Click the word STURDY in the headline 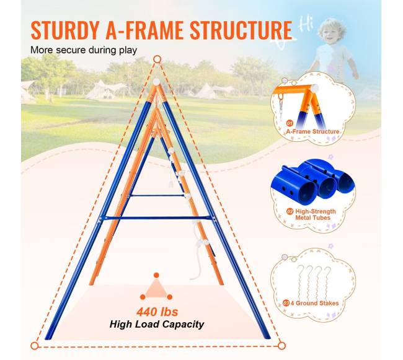(65, 30)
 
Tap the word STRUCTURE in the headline (241, 30)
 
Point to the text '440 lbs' (157, 312)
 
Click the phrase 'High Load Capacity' (157, 324)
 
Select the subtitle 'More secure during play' (84, 50)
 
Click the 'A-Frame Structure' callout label (312, 131)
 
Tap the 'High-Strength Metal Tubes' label (315, 214)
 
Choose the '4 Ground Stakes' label (314, 303)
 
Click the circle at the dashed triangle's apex (157, 59)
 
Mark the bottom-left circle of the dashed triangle (35, 346)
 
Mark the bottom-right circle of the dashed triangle (281, 346)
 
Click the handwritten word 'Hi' (306, 25)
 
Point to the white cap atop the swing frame (156, 82)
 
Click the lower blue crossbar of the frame (157, 218)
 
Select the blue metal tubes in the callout (318, 180)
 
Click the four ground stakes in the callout (314, 282)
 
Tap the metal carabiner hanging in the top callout (281, 107)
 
